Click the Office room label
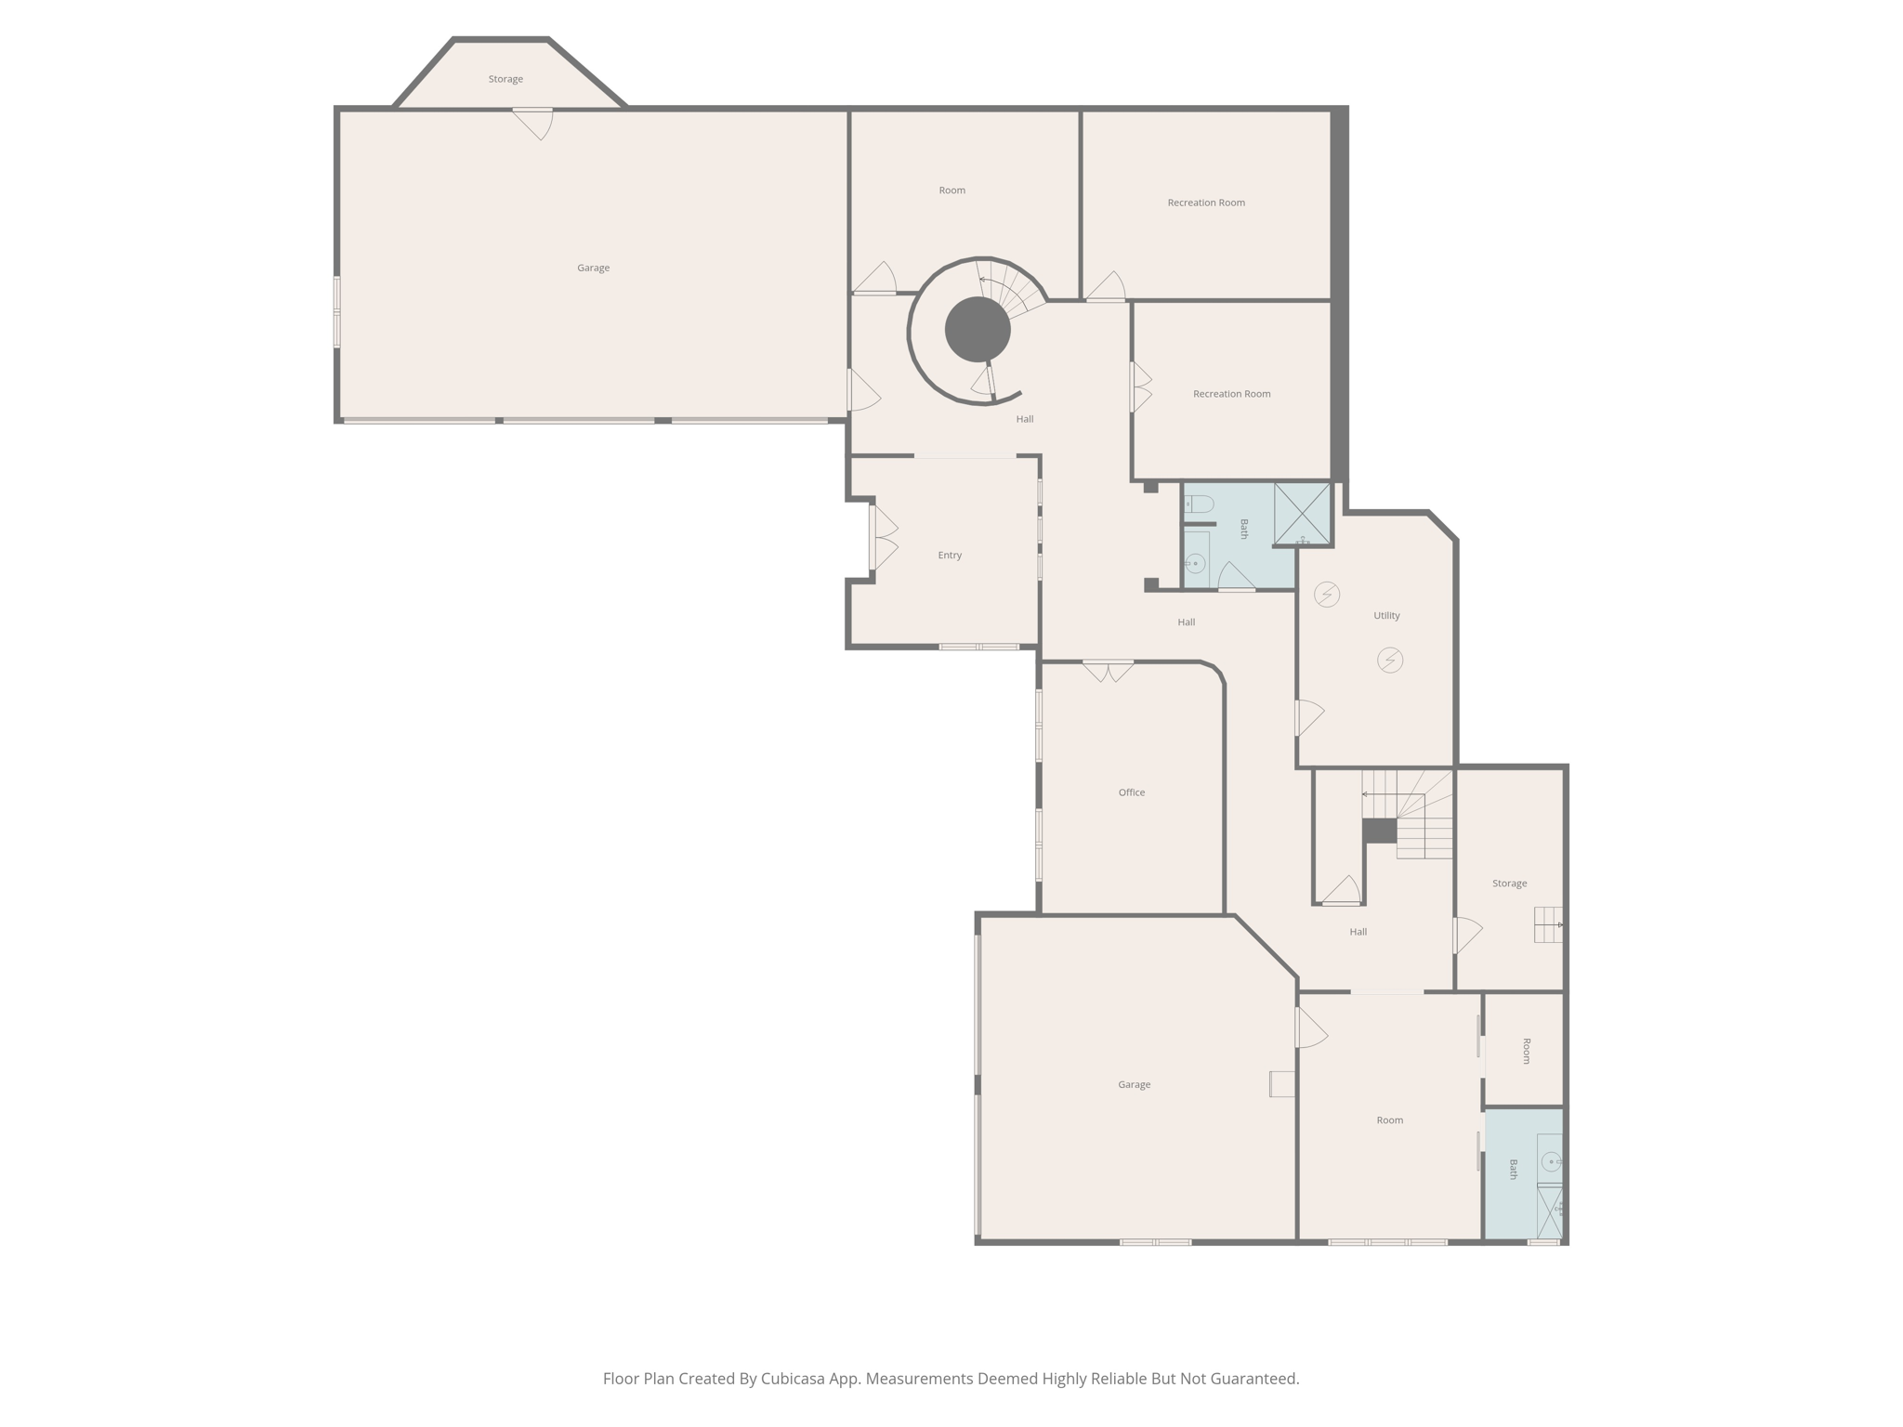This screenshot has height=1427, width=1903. tap(1131, 792)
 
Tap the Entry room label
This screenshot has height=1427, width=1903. tap(949, 556)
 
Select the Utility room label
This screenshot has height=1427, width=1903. tap(1385, 616)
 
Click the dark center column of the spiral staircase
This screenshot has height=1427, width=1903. tap(978, 330)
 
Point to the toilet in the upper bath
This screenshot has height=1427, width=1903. tap(1200, 504)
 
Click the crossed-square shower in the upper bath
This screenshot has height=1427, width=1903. tap(1302, 513)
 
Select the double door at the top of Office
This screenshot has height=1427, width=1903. tap(1108, 670)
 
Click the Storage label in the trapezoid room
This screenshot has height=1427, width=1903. tap(505, 80)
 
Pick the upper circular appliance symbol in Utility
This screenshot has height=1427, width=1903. tap(1327, 594)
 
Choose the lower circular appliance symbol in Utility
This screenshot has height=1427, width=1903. tap(1390, 661)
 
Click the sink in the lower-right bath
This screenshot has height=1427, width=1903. tap(1551, 1161)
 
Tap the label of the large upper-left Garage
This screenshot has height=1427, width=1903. tap(593, 268)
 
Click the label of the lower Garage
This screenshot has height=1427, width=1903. tap(1134, 1084)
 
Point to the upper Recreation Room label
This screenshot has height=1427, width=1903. tap(1205, 203)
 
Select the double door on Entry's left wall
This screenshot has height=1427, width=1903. tap(882, 537)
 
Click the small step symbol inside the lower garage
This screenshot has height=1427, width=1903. tap(1282, 1084)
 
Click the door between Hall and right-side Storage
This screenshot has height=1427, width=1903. tap(1466, 935)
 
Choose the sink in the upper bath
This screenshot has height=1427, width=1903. tap(1196, 563)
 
